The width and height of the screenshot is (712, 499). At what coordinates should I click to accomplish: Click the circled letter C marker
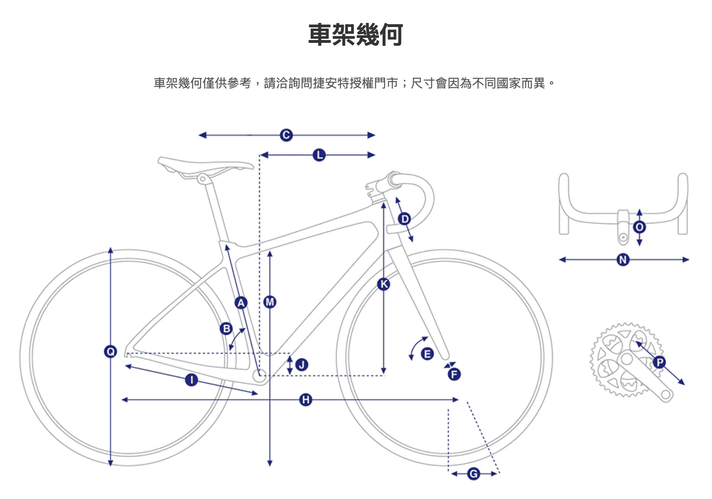click(286, 135)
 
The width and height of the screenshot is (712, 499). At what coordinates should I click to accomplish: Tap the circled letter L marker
click(319, 155)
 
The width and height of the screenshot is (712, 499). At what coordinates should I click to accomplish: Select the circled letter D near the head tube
click(404, 219)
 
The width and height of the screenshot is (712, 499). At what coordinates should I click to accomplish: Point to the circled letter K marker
click(383, 284)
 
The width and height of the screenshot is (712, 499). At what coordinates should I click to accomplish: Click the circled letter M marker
click(270, 302)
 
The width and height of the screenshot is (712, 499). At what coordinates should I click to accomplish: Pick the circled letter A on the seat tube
click(241, 303)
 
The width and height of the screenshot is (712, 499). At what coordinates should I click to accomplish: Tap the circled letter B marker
click(226, 329)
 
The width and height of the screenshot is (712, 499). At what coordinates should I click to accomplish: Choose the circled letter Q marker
click(110, 351)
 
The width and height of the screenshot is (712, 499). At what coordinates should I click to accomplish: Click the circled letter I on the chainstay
click(191, 380)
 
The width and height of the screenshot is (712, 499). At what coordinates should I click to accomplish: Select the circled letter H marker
click(305, 399)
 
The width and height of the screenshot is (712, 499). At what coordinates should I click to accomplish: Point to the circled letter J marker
click(302, 364)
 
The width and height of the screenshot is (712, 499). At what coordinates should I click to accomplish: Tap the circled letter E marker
click(427, 354)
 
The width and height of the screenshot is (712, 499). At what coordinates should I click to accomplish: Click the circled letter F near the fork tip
click(454, 374)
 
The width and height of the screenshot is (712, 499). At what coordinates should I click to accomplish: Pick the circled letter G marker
click(474, 474)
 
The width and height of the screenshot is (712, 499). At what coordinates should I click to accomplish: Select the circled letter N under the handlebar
click(623, 259)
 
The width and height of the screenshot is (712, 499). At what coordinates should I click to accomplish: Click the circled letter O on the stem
click(639, 227)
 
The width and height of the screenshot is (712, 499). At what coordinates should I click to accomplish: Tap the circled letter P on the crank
click(659, 362)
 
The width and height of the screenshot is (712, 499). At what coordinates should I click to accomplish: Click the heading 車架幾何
click(356, 35)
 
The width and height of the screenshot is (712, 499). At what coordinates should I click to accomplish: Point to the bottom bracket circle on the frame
click(259, 375)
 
